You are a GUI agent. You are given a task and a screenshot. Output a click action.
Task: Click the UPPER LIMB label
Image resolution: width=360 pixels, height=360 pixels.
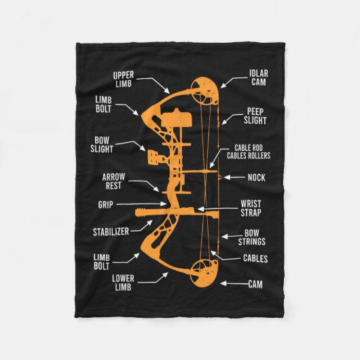click(124, 79)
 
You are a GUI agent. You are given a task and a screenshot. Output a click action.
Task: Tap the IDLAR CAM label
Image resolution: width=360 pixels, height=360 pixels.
click(259, 78)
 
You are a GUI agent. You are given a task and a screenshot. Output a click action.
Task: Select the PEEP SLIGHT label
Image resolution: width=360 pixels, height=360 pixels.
click(255, 116)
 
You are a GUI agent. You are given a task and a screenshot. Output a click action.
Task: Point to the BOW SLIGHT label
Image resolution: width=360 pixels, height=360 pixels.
click(102, 145)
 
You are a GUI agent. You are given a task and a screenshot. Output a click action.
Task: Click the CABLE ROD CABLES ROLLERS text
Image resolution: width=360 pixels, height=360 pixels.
click(249, 151)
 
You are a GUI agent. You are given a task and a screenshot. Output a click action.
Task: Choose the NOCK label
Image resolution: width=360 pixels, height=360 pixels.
click(257, 177)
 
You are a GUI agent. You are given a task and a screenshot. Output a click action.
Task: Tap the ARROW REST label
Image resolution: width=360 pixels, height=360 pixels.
click(113, 181)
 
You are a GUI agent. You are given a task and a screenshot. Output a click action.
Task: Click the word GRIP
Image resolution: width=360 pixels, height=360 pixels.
click(105, 204)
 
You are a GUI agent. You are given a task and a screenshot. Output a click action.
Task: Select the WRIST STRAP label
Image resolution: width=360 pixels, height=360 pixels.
click(251, 209)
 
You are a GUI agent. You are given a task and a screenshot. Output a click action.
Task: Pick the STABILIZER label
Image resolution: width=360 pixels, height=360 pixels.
click(111, 232)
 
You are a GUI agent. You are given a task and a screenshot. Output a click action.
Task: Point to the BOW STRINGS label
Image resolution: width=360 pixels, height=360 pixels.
click(252, 238)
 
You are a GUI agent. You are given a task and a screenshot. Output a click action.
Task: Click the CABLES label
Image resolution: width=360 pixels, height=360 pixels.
click(255, 259)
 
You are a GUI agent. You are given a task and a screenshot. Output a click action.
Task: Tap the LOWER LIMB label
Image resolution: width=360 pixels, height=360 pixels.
click(123, 283)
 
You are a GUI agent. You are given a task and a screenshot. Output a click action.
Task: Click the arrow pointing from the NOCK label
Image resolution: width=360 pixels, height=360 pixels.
click(234, 177)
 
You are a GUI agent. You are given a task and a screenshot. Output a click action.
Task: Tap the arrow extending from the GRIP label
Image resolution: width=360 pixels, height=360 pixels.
click(141, 204)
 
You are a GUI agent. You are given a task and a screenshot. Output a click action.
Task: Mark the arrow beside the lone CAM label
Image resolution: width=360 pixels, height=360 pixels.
click(234, 284)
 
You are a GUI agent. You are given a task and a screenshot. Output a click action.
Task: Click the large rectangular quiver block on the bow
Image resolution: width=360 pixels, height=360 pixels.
click(176, 118)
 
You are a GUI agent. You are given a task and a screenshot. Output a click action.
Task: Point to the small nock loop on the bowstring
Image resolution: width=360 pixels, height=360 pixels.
click(219, 177)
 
